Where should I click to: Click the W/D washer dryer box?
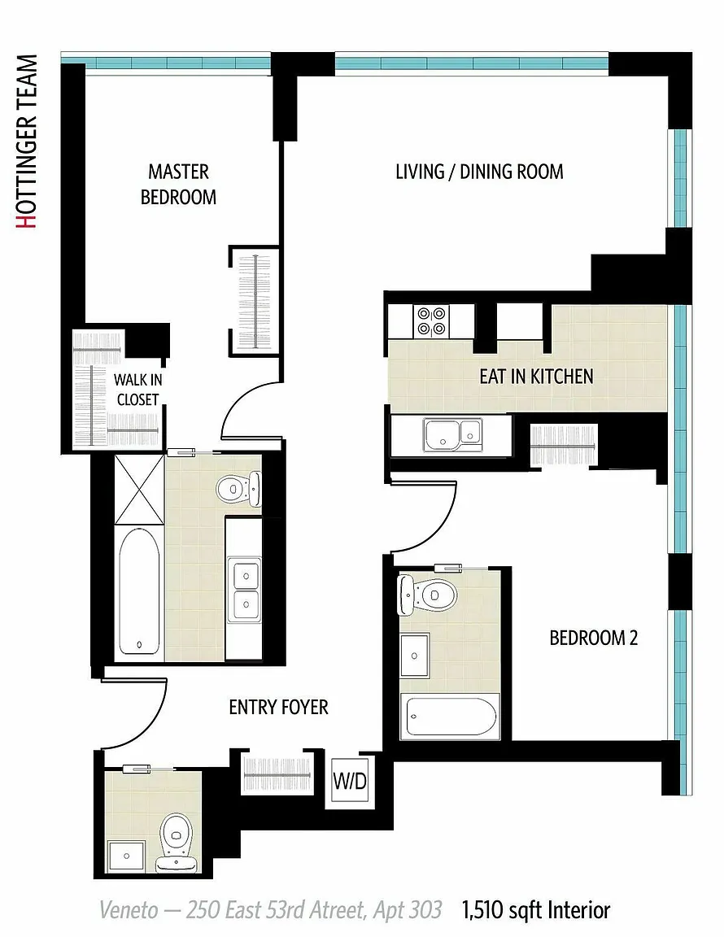350,781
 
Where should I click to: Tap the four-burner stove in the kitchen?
431,321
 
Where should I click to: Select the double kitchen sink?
452,434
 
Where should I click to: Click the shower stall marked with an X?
139,490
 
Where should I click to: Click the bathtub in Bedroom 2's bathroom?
452,716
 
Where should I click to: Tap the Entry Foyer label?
278,708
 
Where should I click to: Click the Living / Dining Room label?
479,172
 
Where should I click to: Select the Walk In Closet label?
137,390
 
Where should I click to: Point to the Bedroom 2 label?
594,638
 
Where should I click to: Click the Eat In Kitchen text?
536,377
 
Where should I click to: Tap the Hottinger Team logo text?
27,142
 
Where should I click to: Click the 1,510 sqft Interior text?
535,910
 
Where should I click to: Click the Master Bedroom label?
178,185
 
